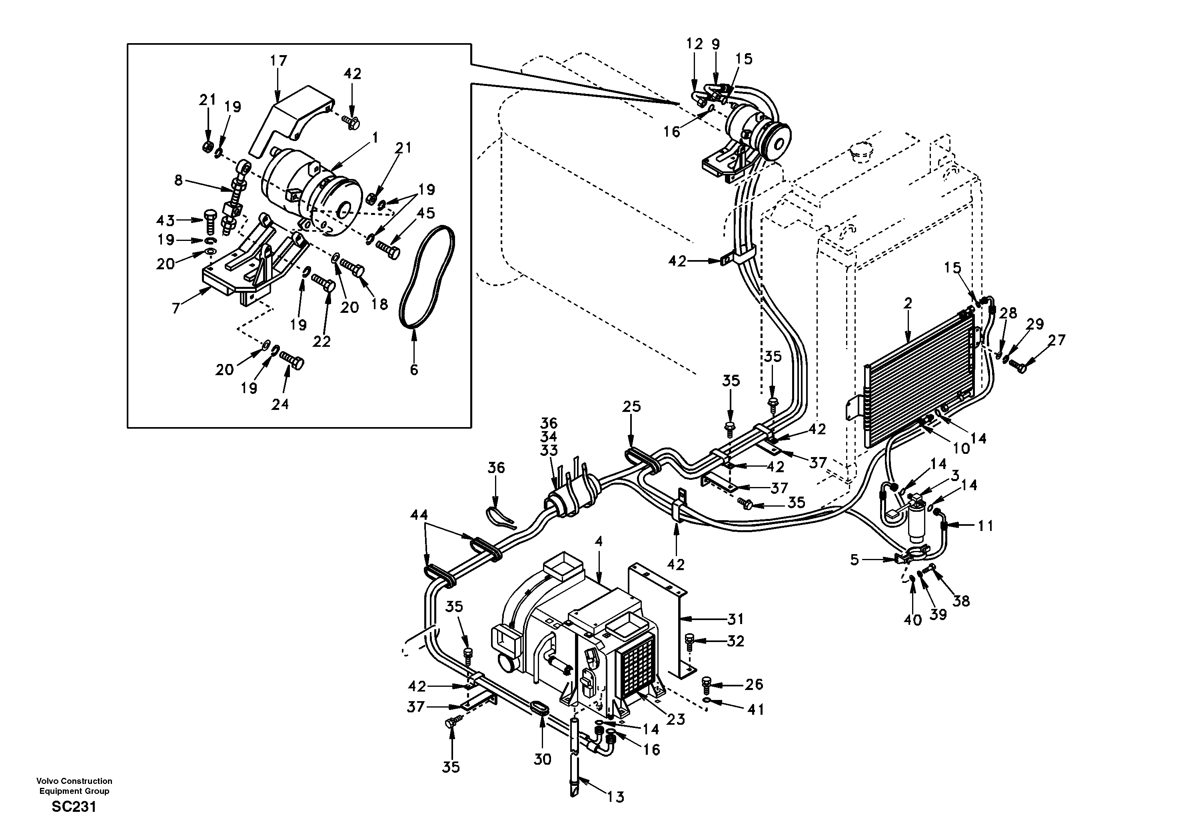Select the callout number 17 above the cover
pyautogui.click(x=278, y=61)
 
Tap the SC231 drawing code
pyautogui.click(x=74, y=807)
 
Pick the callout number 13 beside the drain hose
pyautogui.click(x=616, y=797)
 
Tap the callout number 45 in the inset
pyautogui.click(x=426, y=213)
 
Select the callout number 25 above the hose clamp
pyautogui.click(x=632, y=407)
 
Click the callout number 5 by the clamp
pyautogui.click(x=855, y=559)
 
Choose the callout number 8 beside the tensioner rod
pyautogui.click(x=178, y=180)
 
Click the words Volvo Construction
pyautogui.click(x=74, y=781)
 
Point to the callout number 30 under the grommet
pyautogui.click(x=542, y=759)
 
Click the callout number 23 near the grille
pyautogui.click(x=676, y=719)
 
